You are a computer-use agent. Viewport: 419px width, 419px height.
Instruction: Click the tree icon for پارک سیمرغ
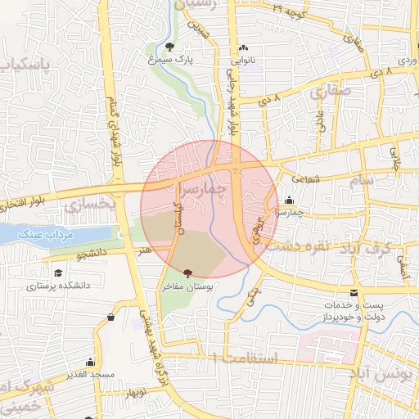[x=169, y=47]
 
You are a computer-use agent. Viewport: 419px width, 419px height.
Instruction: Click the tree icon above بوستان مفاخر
[x=189, y=273]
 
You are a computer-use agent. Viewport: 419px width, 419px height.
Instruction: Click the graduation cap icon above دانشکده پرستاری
[x=57, y=273]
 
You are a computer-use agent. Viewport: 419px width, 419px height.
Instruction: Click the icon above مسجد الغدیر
[x=90, y=362]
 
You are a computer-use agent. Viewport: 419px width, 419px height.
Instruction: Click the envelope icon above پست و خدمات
[x=354, y=293]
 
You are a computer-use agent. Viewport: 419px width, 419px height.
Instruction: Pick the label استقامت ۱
[x=245, y=358]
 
